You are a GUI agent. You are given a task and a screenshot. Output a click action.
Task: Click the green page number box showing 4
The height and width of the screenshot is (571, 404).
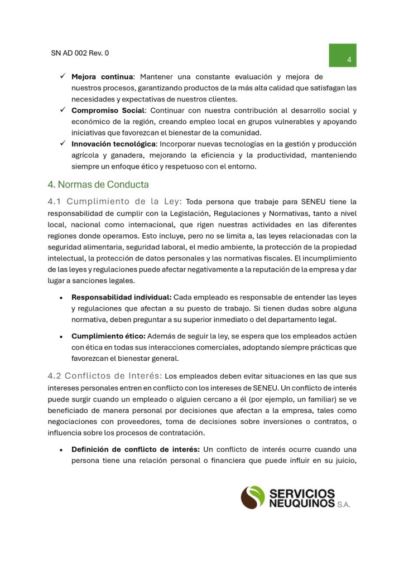(x=342, y=55)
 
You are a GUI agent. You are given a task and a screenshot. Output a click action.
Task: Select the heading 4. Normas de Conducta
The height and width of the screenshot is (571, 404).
(x=98, y=184)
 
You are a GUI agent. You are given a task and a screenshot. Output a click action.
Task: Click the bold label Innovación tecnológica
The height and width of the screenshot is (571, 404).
(x=112, y=144)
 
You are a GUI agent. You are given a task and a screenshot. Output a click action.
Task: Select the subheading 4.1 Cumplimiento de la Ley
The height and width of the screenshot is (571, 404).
(x=115, y=202)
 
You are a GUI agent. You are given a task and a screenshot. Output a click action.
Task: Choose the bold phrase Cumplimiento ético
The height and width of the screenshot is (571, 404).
(x=108, y=336)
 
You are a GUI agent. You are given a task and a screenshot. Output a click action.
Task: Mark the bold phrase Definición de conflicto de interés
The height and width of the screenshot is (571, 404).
(x=135, y=449)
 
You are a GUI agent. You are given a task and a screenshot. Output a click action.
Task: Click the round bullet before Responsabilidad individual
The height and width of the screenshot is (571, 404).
(x=60, y=298)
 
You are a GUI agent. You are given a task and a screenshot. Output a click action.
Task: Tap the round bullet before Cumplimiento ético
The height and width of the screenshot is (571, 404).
(x=60, y=337)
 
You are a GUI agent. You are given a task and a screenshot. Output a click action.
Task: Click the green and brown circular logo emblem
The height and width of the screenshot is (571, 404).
(x=253, y=497)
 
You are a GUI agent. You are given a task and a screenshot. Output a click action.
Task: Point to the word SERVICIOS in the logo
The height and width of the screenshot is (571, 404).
(x=302, y=493)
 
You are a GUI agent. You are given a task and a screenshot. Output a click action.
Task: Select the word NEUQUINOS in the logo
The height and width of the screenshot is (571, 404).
(x=301, y=503)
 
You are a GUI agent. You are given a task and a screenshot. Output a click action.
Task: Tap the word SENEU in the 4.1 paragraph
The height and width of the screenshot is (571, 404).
(x=319, y=202)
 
